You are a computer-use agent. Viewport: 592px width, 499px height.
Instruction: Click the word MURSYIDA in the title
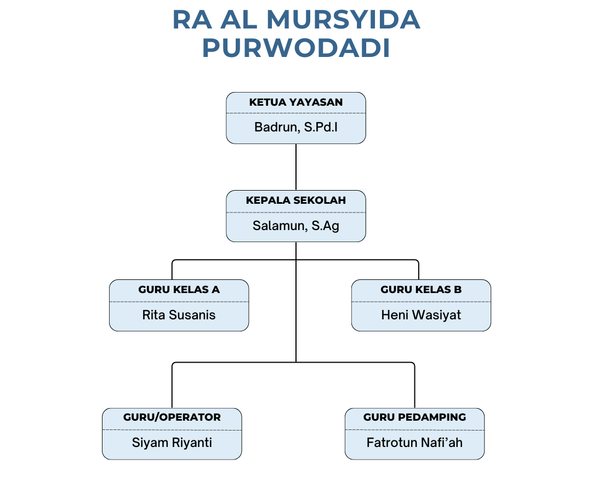(x=343, y=20)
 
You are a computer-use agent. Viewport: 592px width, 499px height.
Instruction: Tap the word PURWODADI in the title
(x=296, y=49)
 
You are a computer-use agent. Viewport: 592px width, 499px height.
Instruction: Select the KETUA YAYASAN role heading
(x=296, y=102)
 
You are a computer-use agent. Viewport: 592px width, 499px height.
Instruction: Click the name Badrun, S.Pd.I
(x=296, y=128)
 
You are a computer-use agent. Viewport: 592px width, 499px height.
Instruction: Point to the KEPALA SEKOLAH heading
(x=296, y=200)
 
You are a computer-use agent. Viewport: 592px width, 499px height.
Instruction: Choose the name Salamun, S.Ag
(x=296, y=226)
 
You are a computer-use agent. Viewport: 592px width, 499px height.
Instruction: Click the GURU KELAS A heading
(x=179, y=290)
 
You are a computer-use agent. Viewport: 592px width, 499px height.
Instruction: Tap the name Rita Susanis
(x=179, y=315)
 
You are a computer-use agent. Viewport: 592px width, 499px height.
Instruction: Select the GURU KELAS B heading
(x=421, y=290)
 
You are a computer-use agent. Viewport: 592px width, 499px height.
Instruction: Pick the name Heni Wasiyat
(x=421, y=315)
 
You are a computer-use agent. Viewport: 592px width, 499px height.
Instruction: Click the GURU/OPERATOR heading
(x=172, y=417)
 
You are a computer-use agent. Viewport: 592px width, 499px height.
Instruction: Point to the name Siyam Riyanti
(x=172, y=443)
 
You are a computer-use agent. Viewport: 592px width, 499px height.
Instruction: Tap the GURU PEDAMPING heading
(x=414, y=417)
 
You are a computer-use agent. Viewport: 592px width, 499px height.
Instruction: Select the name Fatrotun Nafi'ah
(x=414, y=443)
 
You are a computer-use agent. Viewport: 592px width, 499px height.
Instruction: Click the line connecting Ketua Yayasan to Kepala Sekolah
(x=296, y=167)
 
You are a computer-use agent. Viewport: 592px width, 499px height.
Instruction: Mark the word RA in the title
(x=191, y=20)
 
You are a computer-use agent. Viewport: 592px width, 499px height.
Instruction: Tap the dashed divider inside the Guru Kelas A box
(x=179, y=301)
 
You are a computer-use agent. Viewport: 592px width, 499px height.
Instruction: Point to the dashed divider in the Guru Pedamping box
(x=414, y=430)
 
